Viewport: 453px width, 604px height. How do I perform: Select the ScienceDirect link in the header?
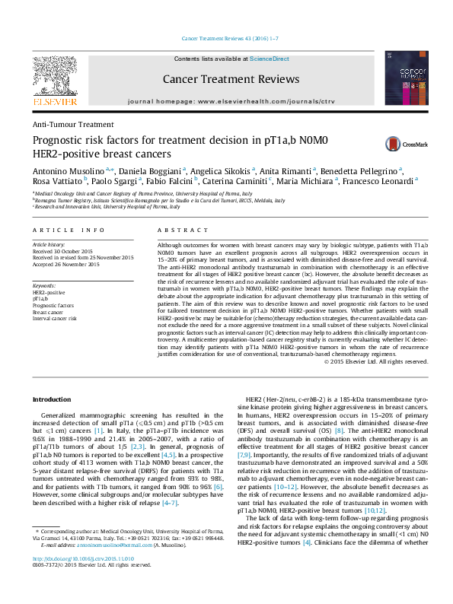[x=270, y=59]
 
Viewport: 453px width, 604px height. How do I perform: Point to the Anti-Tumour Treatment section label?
[x=73, y=124]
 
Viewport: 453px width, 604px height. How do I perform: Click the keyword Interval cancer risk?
[x=54, y=318]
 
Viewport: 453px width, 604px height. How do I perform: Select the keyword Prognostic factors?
[x=53, y=306]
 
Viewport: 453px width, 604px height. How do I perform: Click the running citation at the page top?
[x=226, y=39]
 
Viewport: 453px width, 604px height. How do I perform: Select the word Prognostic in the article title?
[x=61, y=139]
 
